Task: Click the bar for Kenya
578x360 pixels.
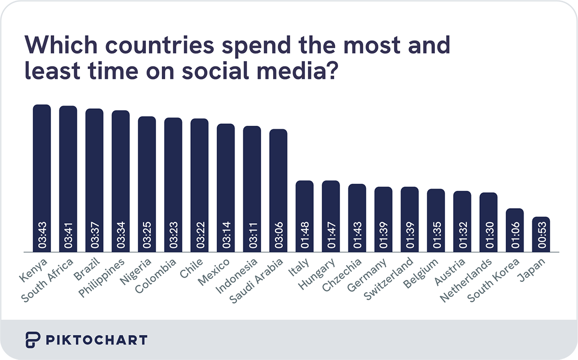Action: coord(42,178)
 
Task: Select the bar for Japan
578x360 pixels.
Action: coord(541,235)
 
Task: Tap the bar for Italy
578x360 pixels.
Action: coord(304,216)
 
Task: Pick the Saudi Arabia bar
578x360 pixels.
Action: coord(278,191)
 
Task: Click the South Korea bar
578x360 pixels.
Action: coord(515,230)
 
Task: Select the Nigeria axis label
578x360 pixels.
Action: coord(137,271)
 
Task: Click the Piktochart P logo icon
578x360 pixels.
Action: coord(32,340)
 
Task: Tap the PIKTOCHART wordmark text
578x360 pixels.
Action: coord(96,340)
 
